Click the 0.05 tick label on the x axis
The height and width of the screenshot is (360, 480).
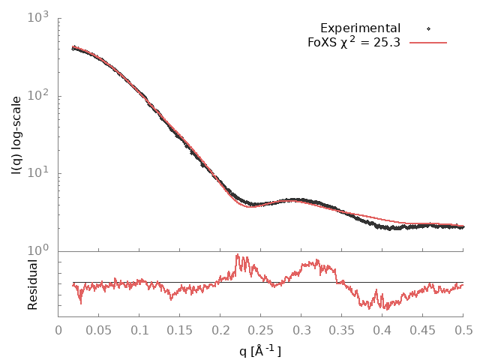point(99,330)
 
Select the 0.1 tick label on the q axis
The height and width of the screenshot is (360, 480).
point(139,330)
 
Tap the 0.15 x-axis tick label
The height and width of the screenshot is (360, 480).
point(180,330)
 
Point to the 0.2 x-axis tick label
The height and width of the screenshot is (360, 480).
point(220,330)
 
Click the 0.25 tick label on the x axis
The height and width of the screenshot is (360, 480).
point(261,330)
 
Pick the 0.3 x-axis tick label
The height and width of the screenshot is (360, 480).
point(301,330)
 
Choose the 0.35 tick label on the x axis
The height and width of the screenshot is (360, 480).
point(342,330)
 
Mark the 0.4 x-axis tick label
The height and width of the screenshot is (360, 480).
point(382,330)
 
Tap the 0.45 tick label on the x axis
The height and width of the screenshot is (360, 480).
point(423,330)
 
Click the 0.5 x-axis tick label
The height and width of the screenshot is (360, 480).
point(463,330)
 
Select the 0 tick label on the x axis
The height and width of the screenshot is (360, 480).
point(58,330)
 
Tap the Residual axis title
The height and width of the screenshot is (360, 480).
point(31,284)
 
